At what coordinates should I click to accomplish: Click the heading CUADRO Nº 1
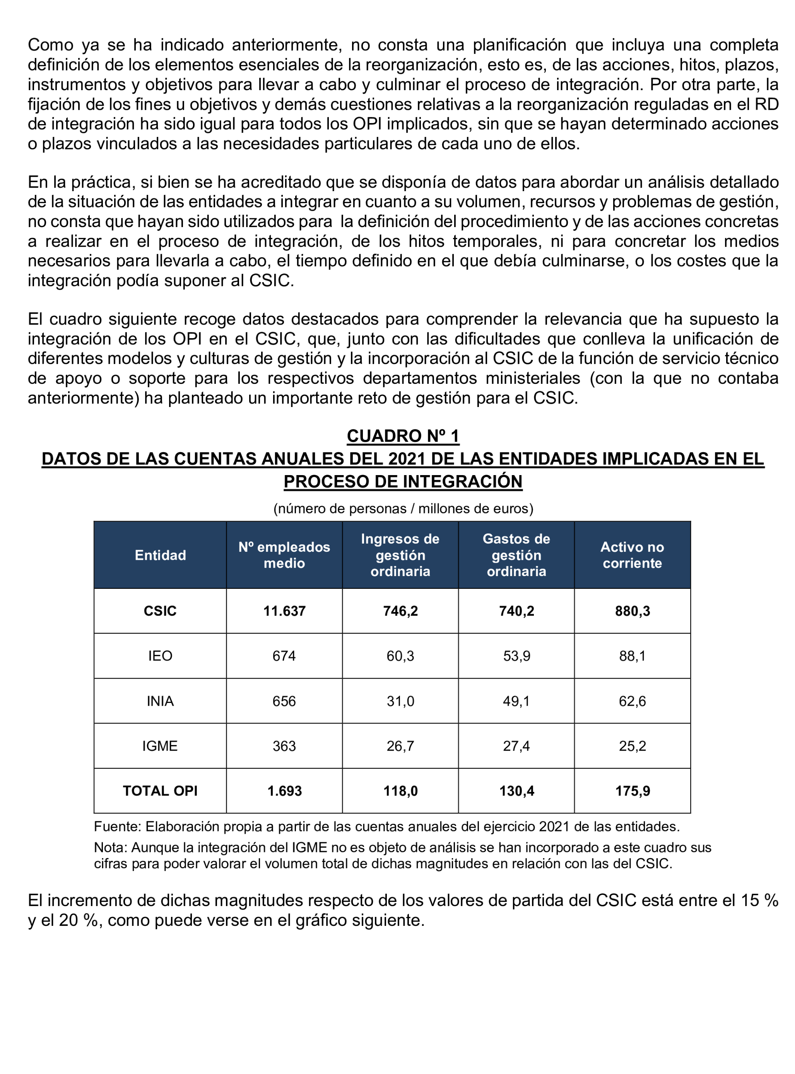coord(403,436)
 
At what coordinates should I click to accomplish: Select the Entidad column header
coord(160,555)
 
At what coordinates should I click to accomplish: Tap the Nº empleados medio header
coord(284,555)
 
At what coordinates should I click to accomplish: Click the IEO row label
coord(160,656)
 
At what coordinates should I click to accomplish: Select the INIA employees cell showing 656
coord(284,701)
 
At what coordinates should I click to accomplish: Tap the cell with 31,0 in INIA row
coord(400,701)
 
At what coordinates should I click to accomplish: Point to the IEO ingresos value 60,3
coord(400,656)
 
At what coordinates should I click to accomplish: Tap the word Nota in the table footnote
coord(110,847)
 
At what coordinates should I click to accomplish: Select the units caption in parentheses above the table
coord(403,509)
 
